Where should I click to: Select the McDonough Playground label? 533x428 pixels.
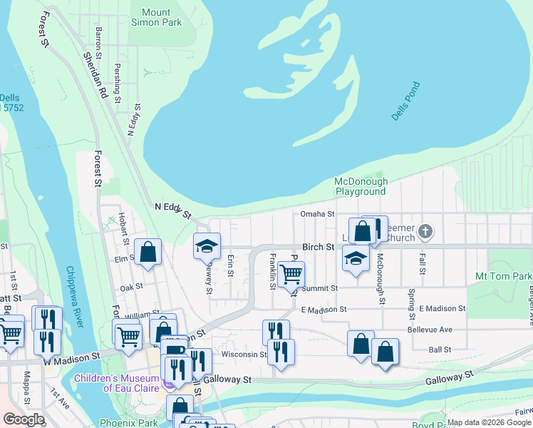(361, 186)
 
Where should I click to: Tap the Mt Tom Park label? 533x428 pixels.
(503, 276)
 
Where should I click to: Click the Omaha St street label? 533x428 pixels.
(317, 214)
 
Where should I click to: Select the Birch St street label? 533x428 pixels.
(320, 247)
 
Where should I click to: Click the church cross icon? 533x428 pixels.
(425, 231)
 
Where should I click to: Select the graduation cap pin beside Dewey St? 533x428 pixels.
(207, 246)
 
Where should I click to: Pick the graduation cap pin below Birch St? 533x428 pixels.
(356, 258)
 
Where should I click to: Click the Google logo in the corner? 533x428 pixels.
(24, 419)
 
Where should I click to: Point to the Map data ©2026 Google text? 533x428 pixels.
(489, 422)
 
